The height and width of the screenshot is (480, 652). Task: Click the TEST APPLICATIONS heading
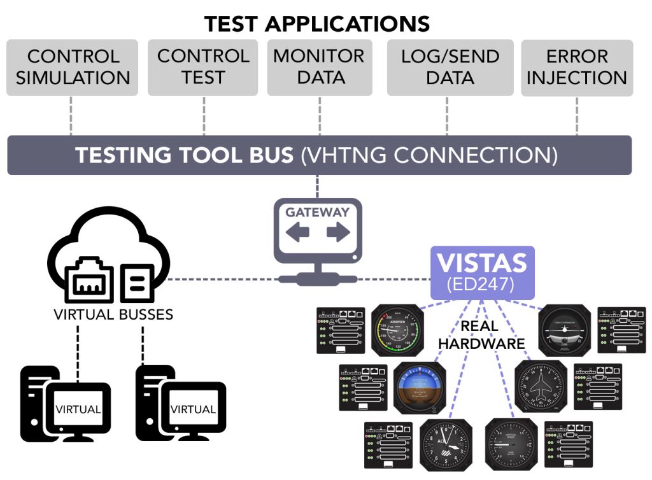[316, 24]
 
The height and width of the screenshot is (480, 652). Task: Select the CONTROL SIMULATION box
[73, 67]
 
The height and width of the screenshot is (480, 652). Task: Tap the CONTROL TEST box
[203, 67]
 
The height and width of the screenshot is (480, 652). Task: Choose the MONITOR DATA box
[319, 67]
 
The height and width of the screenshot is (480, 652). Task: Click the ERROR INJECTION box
[577, 67]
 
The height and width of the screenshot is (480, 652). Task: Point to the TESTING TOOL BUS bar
[319, 155]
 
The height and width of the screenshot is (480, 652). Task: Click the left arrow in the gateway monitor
[297, 233]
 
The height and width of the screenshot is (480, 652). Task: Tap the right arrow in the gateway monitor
[338, 233]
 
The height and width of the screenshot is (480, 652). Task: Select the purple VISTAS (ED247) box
[482, 272]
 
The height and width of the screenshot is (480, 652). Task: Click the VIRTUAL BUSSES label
[113, 314]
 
